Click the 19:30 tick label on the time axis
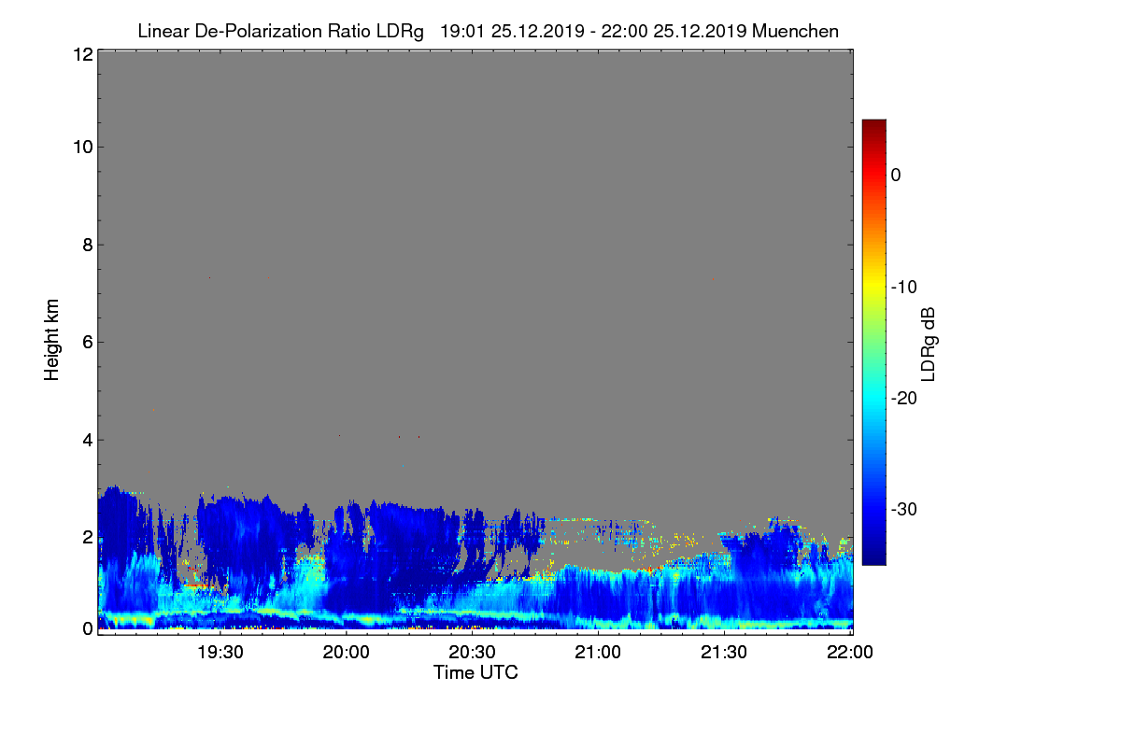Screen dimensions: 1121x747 click(x=220, y=653)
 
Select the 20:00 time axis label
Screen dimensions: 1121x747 click(x=347, y=653)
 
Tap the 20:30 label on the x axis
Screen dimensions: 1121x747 click(x=472, y=653)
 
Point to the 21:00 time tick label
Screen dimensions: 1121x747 click(x=598, y=653)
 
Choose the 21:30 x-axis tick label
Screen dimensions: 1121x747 click(x=724, y=653)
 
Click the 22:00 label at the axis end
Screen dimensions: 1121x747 click(x=850, y=653)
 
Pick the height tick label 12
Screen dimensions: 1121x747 click(x=83, y=54)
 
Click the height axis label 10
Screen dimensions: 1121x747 click(x=83, y=148)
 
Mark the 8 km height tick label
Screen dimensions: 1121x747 click(x=88, y=245)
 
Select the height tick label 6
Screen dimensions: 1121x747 click(x=88, y=343)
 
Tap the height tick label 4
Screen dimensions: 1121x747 click(x=88, y=441)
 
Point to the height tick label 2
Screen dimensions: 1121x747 click(x=88, y=538)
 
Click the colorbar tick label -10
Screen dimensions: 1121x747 click(x=904, y=288)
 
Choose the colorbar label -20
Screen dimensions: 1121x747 click(x=904, y=399)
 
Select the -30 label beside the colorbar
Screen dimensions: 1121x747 click(x=904, y=509)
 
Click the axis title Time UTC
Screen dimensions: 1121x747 click(x=475, y=673)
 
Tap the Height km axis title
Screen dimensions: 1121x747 click(x=51, y=340)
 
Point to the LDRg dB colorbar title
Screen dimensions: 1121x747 click(x=929, y=345)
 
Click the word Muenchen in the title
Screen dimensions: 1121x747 click(x=795, y=31)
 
